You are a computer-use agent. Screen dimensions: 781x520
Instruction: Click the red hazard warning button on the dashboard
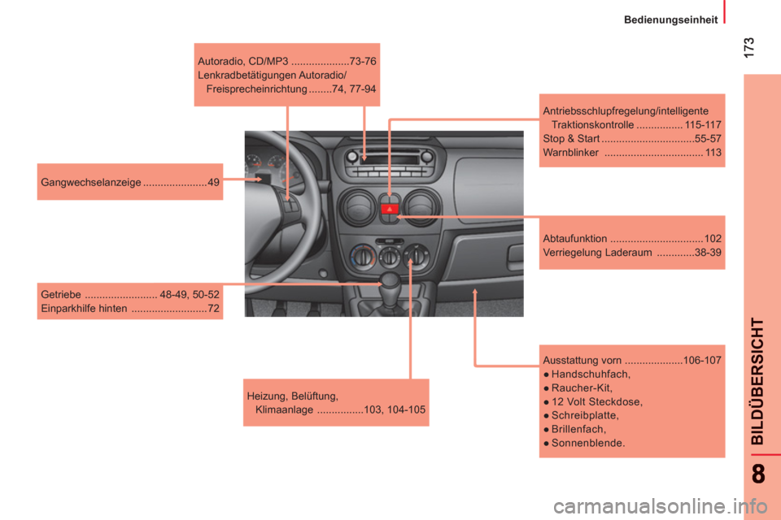point(390,209)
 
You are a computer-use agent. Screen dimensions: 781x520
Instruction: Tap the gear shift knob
point(390,280)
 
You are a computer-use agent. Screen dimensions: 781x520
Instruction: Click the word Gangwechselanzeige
point(90,182)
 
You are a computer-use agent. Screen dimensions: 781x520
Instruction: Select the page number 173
point(748,47)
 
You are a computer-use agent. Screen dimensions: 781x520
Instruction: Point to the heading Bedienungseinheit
point(670,19)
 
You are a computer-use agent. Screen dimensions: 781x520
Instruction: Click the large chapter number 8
point(758,474)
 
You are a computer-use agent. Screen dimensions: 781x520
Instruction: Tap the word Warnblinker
point(571,152)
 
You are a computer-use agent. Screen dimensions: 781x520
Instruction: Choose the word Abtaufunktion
point(575,238)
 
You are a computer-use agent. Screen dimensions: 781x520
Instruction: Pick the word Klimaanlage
point(284,409)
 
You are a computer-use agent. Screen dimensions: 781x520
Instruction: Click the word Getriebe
point(61,295)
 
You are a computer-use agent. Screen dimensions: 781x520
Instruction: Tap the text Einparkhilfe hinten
point(84,309)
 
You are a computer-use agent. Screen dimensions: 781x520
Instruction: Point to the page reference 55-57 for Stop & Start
point(708,138)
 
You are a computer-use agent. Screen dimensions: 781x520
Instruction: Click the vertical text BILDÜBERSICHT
point(757,381)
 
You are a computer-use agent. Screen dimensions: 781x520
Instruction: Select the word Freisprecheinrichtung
point(256,89)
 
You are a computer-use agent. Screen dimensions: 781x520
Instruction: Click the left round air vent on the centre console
point(356,207)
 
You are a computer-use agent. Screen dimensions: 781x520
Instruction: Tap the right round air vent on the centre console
point(421,207)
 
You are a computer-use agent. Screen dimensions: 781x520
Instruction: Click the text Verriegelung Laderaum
point(597,253)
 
